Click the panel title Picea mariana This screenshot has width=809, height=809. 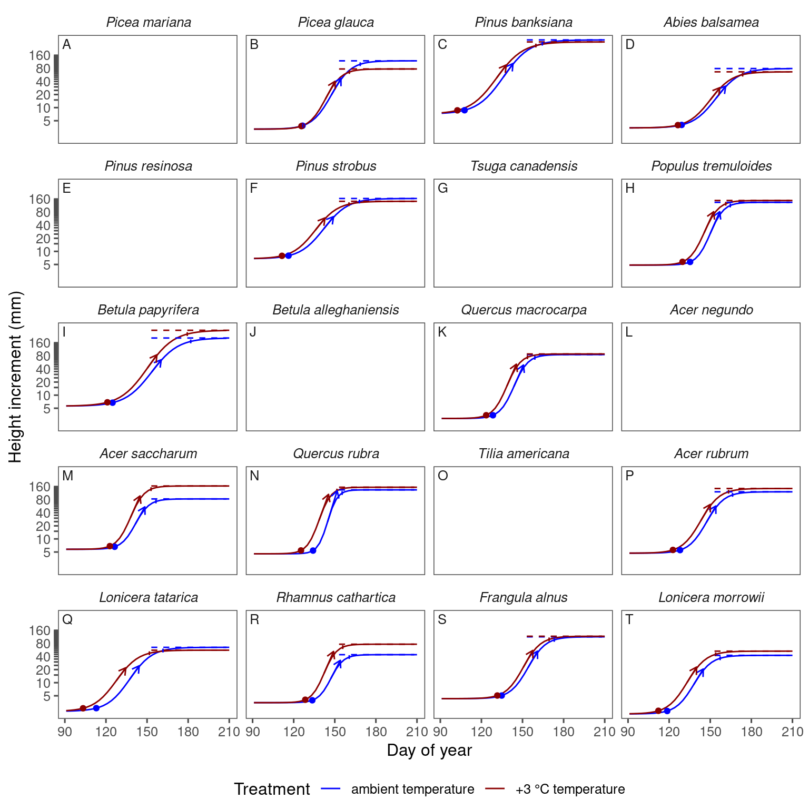tap(149, 23)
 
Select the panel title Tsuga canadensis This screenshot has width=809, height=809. tap(524, 166)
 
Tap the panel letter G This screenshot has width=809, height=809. tap(443, 189)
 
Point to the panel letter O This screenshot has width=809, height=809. tap(443, 476)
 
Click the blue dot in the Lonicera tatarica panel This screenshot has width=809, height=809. tap(96, 708)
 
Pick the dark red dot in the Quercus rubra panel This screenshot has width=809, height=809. tap(301, 551)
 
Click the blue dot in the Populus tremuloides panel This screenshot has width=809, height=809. tap(690, 262)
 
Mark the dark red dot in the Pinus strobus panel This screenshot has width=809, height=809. tap(282, 256)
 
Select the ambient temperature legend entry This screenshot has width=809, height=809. tap(412, 789)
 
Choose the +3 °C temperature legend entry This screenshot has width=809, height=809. tap(570, 789)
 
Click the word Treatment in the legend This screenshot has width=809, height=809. tap(272, 789)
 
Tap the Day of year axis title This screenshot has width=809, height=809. tap(429, 751)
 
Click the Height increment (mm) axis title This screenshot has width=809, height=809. tap(16, 377)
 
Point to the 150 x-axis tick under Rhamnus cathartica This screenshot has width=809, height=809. tap(335, 732)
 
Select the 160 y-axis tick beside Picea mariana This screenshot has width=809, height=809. tap(40, 56)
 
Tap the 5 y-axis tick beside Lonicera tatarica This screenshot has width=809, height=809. tap(47, 696)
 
